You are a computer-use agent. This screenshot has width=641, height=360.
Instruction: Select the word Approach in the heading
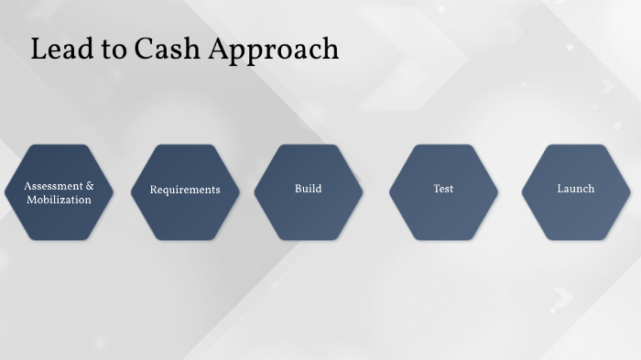pyautogui.click(x=273, y=50)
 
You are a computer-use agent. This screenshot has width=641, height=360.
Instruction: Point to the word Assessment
pyautogui.click(x=54, y=185)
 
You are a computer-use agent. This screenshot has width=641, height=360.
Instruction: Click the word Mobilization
pyautogui.click(x=59, y=199)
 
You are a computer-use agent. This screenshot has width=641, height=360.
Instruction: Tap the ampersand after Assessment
pyautogui.click(x=90, y=185)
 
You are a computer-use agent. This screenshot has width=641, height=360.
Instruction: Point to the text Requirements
pyautogui.click(x=185, y=190)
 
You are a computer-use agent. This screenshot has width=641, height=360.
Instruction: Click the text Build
pyautogui.click(x=308, y=189)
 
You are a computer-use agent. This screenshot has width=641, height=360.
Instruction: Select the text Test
pyautogui.click(x=443, y=189)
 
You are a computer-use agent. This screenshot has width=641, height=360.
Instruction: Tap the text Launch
pyautogui.click(x=575, y=189)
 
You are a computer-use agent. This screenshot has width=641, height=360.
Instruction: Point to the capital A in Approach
pyautogui.click(x=219, y=49)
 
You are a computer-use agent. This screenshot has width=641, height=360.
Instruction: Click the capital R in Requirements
pyautogui.click(x=154, y=190)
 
